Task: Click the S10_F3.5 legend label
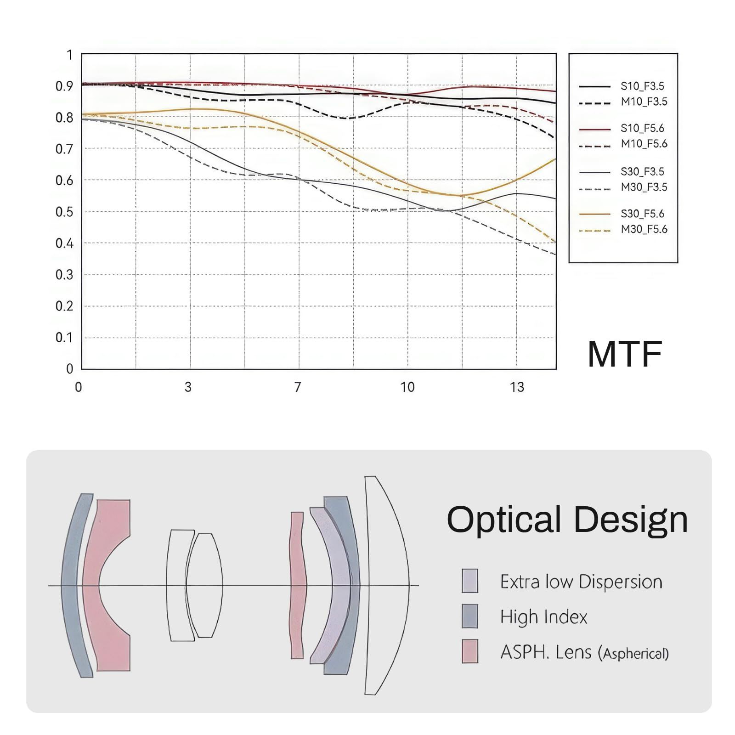pos(643,86)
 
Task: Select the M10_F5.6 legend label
pos(644,144)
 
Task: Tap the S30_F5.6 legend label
pos(643,214)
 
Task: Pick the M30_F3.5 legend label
pos(644,187)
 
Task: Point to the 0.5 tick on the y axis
pos(64,212)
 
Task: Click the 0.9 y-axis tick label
pos(64,86)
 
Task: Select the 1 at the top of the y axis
pos(69,55)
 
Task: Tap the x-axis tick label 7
pos(298,387)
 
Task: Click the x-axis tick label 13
pos(517,387)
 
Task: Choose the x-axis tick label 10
pos(407,387)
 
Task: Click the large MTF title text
pos(625,354)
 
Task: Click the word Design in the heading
pos(631,520)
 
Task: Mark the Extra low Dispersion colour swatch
pos(470,581)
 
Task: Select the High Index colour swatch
pos(470,616)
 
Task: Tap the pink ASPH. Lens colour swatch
pos(470,651)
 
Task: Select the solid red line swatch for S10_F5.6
pos(595,129)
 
